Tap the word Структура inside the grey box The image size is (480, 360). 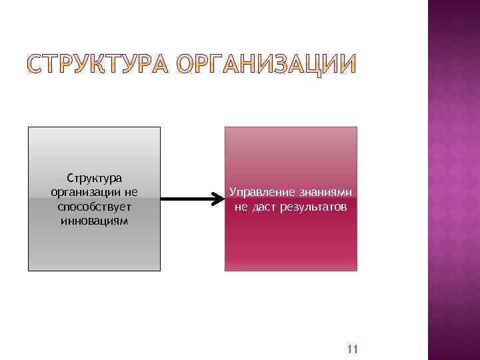pyautogui.click(x=94, y=178)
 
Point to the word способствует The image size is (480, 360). pyautogui.click(x=94, y=206)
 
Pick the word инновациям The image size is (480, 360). pyautogui.click(x=94, y=220)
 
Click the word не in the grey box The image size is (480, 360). pyautogui.click(x=130, y=192)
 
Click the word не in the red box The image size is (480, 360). pyautogui.click(x=241, y=207)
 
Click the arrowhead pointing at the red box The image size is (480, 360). pyautogui.click(x=219, y=199)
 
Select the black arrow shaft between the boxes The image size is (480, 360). pyautogui.click(x=187, y=199)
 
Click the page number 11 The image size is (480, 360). pyautogui.click(x=353, y=349)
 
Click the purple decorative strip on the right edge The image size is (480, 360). pyautogui.click(x=453, y=180)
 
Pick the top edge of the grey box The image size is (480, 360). pyautogui.click(x=94, y=127)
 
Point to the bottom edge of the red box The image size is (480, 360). pyautogui.click(x=291, y=271)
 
